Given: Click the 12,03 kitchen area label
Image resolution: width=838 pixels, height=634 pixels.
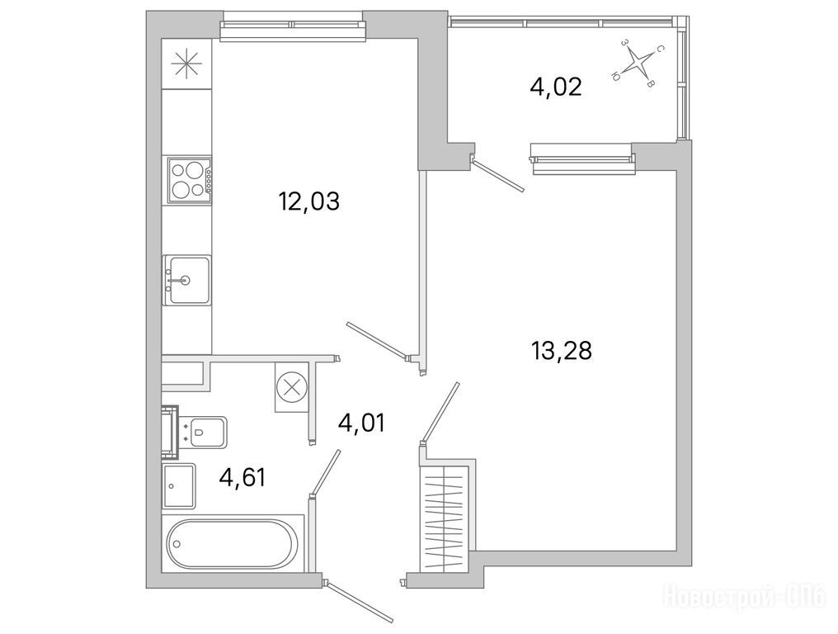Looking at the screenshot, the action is [309, 202].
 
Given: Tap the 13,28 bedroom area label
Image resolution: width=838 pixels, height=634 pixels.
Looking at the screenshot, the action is [561, 351].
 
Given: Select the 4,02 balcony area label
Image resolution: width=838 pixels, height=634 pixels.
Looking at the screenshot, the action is [556, 87].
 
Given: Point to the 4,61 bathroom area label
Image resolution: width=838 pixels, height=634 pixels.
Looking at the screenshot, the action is [242, 477].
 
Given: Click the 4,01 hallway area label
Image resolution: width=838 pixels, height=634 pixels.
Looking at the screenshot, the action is [361, 423].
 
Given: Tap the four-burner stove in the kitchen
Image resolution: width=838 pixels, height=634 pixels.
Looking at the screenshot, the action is [190, 179].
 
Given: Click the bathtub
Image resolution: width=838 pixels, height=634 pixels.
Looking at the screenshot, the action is [231, 544].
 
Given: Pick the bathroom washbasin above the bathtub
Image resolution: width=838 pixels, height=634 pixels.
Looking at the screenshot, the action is [178, 485].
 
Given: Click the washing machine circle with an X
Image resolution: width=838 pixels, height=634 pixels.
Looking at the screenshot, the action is [292, 387].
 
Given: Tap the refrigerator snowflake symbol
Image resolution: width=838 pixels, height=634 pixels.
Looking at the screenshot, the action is [187, 64].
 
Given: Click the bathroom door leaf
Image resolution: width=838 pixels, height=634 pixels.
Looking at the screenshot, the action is [327, 471].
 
